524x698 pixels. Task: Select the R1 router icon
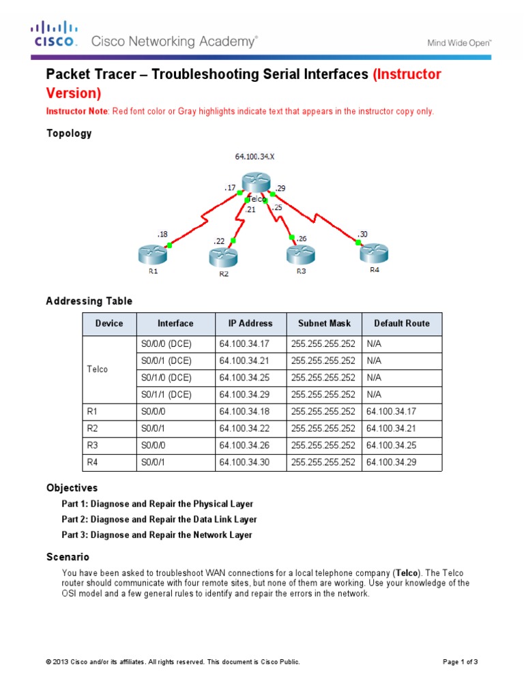(154, 255)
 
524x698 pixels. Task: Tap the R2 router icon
(224, 258)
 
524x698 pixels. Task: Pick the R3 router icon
(300, 255)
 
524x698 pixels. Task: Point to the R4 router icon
(374, 253)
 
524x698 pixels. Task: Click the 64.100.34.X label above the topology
(255, 156)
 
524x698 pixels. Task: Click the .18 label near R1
(162, 234)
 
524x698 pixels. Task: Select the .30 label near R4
(362, 234)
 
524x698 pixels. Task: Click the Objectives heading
(72, 488)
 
